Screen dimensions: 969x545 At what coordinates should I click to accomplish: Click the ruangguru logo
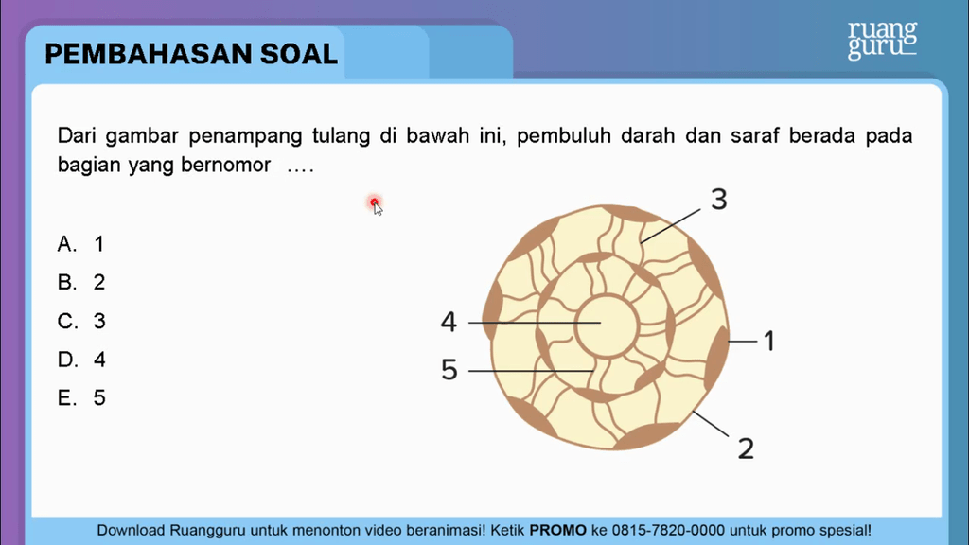coord(882,40)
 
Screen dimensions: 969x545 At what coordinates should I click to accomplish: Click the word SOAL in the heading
coord(299,54)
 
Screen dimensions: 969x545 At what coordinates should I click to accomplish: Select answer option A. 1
coord(81,244)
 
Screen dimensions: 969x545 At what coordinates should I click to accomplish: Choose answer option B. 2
coord(81,282)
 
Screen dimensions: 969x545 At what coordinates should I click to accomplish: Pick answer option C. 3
coord(81,322)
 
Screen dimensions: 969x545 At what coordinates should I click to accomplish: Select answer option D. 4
coord(81,360)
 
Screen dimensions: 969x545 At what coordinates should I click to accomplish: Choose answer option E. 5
coord(81,397)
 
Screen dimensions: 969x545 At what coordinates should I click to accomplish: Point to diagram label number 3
coord(719,200)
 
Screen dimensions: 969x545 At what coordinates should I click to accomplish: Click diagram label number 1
coord(768,341)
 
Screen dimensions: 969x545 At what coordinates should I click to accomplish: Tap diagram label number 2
coord(746,448)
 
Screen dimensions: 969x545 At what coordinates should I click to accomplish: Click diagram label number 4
coord(449,322)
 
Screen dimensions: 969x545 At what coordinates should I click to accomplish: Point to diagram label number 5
coord(449,370)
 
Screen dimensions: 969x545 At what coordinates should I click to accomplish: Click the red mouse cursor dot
coord(374,202)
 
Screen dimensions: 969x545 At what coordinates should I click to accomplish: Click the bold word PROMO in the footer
coord(558,530)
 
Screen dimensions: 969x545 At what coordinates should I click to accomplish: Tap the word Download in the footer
coord(131,530)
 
